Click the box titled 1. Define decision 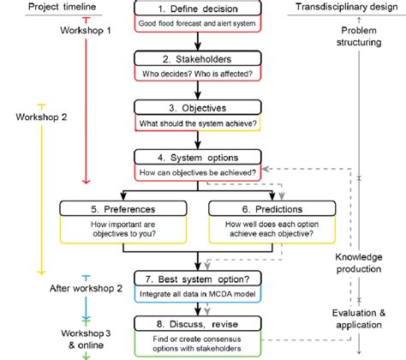click(197, 8)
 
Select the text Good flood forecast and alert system click(197, 25)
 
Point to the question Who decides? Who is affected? click(197, 75)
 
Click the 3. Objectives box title click(197, 108)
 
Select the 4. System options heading click(197, 158)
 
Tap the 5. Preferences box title click(128, 208)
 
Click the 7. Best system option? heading click(197, 279)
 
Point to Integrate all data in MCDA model click(197, 296)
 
